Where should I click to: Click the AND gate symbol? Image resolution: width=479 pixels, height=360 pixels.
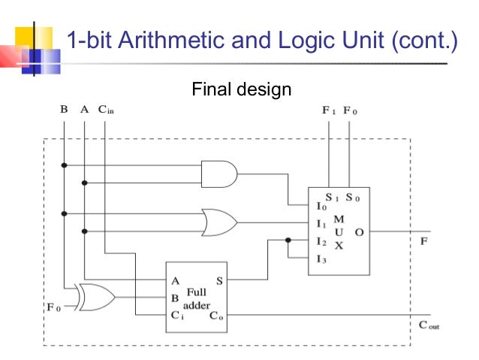(219, 174)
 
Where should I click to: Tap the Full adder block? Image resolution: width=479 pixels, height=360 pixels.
(197, 297)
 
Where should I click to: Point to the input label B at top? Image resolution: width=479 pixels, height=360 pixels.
(64, 110)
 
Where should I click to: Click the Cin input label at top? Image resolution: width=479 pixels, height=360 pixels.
(106, 110)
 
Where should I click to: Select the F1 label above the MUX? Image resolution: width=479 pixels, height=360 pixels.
(329, 110)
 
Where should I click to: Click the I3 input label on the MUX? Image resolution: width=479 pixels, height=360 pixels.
(320, 259)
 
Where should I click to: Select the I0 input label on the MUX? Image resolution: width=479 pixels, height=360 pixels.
(321, 205)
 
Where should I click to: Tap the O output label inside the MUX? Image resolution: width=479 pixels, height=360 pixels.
(359, 232)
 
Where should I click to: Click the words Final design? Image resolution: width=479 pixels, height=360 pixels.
(241, 91)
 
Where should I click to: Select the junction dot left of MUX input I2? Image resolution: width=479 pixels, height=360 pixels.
(288, 241)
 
